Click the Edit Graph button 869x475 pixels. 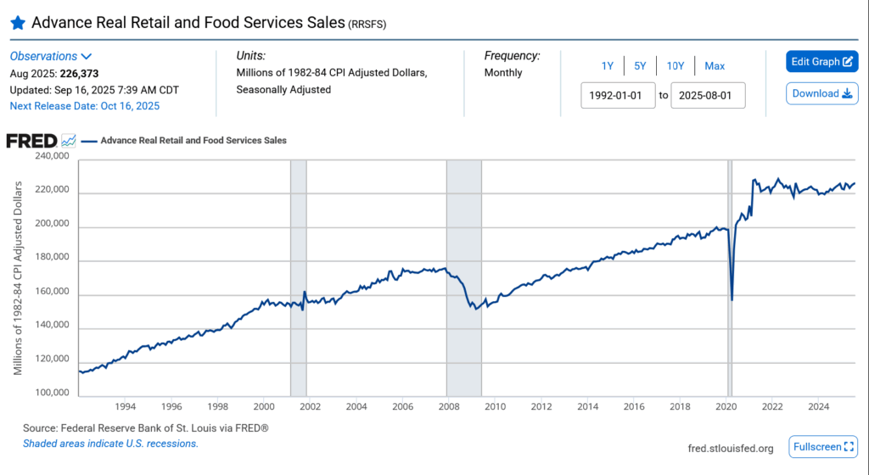[x=821, y=61]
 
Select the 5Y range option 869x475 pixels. [x=641, y=66]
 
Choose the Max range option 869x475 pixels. [x=715, y=66]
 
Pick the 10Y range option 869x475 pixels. [x=676, y=66]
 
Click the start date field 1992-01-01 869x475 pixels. [x=618, y=95]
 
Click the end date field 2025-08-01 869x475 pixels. [x=708, y=95]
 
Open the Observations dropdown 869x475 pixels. [x=51, y=56]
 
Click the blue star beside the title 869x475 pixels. [x=17, y=23]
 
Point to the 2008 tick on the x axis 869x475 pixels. [x=448, y=405]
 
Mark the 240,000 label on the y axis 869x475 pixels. [x=51, y=157]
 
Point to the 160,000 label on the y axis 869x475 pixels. [x=51, y=294]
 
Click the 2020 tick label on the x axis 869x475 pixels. [x=726, y=405]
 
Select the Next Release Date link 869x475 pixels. [x=84, y=106]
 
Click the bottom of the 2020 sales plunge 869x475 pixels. [x=732, y=299]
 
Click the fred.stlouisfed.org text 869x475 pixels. [x=731, y=448]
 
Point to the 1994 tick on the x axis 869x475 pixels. [x=125, y=405]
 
